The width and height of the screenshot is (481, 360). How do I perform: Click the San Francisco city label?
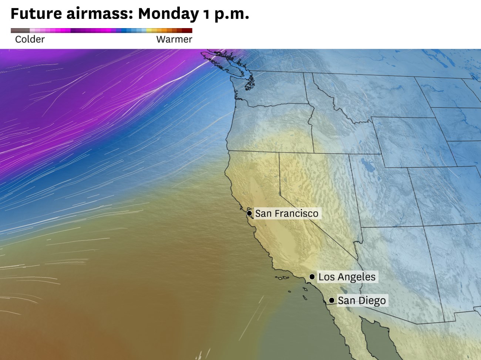point(287,213)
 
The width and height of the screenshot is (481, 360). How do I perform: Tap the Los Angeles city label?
point(347,277)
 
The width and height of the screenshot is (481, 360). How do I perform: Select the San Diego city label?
point(361,300)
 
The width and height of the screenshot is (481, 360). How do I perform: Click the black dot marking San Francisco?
point(249,213)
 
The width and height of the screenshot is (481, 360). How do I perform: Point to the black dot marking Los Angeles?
point(312,277)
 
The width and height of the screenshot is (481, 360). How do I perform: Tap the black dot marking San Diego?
point(332,300)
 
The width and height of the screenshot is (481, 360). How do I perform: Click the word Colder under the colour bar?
point(30,40)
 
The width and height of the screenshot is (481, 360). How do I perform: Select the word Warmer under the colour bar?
point(174,40)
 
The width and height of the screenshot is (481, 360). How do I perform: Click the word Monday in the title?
point(168,14)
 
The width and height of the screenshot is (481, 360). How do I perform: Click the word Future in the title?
point(36,14)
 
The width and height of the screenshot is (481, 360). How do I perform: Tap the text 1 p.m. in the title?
point(226,14)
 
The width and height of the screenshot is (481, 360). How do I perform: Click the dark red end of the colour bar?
point(189,31)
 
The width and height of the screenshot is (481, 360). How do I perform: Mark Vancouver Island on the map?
point(222,61)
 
